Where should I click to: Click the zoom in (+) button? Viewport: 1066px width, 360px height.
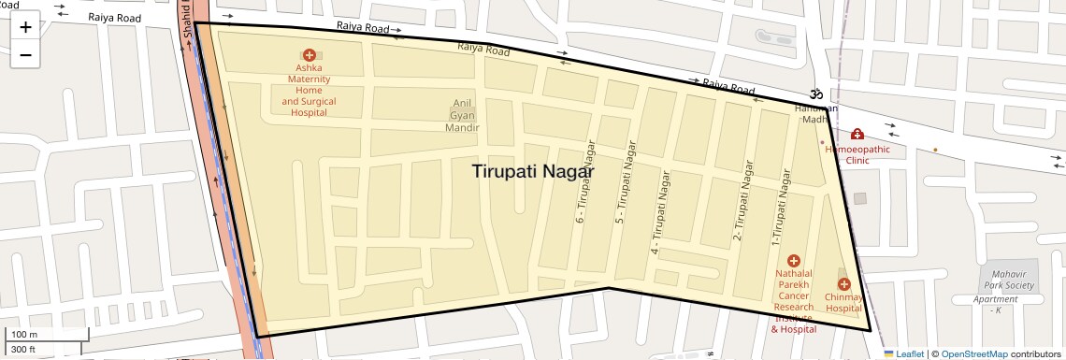click(x=25, y=27)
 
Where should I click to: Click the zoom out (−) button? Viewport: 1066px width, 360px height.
click(x=25, y=55)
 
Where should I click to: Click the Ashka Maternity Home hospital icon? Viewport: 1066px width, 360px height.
click(x=309, y=56)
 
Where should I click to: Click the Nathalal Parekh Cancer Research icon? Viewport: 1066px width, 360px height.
click(x=794, y=260)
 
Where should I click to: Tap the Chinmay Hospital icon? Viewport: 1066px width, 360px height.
click(x=843, y=283)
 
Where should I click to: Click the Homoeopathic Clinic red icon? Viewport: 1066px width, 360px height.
click(x=857, y=135)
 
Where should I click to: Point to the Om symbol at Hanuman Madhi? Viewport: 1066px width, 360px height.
click(x=815, y=94)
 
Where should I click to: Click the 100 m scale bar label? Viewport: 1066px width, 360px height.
click(x=23, y=335)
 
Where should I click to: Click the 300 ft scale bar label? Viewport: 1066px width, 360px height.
click(x=23, y=350)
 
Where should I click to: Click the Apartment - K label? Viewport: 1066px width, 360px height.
click(x=995, y=305)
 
